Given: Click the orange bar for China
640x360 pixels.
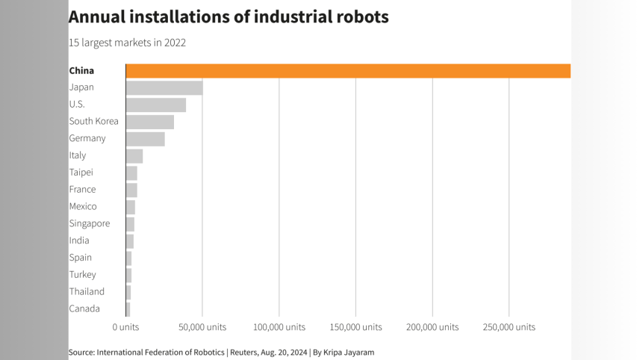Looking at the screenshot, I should coord(348,71).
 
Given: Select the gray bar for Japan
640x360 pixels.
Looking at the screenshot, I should coord(164,87).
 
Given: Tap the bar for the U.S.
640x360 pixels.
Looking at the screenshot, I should coord(155,105).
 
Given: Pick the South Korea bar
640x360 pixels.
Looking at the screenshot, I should coord(149,122).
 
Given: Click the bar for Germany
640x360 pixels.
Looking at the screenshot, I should coord(145,139).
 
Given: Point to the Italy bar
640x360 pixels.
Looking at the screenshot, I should coord(134,155).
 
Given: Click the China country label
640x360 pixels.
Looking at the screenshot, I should coord(81,71).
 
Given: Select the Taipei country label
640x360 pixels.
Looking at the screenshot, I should coord(81,173).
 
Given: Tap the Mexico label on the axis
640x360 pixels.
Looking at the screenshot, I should coord(82,206).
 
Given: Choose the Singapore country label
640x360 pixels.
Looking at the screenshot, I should coord(89,223).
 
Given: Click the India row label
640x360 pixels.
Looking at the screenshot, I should coord(78,240).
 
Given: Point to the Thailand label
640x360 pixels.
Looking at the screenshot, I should coord(87,291).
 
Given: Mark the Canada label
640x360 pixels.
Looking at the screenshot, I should coord(84,308).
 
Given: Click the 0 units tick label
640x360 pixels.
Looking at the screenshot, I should coord(125,327).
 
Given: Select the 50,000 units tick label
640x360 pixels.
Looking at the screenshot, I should coord(202,327).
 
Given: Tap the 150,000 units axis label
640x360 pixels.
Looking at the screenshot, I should coord(356,327).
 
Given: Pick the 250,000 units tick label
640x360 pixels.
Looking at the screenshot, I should coord(509,327).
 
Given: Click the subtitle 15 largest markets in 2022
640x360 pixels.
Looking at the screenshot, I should coord(127,43).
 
